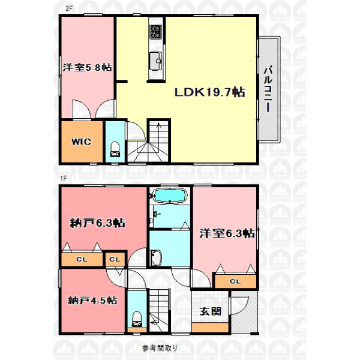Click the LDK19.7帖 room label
click(x=209, y=92)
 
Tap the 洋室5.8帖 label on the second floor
click(x=88, y=67)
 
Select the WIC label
click(x=81, y=142)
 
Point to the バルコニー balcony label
click(x=268, y=89)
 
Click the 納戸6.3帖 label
click(x=98, y=223)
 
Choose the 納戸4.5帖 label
click(x=92, y=301)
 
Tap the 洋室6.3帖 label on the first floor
click(x=227, y=233)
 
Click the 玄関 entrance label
click(x=211, y=311)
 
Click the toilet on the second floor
click(x=115, y=149)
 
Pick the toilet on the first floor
click(x=137, y=319)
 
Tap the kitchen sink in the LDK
click(x=155, y=61)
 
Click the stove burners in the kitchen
click(x=156, y=32)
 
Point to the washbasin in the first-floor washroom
click(x=156, y=257)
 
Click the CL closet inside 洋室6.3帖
click(x=236, y=281)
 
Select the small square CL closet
click(x=115, y=259)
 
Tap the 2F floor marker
click(x=69, y=9)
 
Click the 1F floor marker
click(x=64, y=178)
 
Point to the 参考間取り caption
click(x=160, y=348)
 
